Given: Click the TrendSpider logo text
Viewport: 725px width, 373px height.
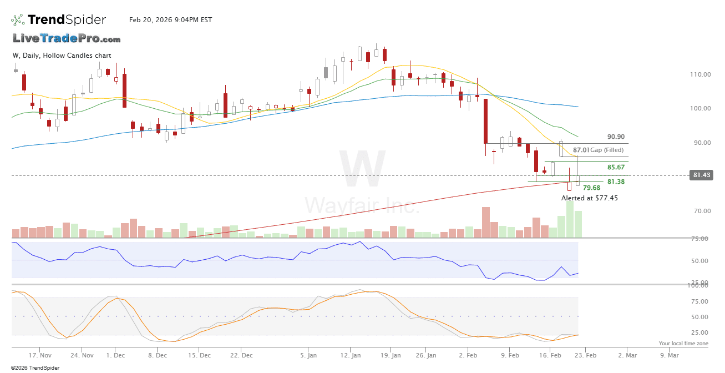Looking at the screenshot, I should [67, 20].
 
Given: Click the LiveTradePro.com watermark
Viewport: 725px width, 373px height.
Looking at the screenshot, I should [67, 39].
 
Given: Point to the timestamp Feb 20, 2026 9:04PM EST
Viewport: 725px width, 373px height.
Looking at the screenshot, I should [170, 20].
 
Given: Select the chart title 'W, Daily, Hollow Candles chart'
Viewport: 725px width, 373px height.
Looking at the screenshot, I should [62, 56].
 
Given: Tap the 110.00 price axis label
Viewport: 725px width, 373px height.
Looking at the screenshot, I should [700, 74].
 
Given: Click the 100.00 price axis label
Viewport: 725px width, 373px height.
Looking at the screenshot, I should [700, 108].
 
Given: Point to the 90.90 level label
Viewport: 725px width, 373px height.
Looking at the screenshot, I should [616, 137].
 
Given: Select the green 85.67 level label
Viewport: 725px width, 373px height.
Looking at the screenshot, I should [616, 167].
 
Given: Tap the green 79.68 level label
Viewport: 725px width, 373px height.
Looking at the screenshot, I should [591, 188].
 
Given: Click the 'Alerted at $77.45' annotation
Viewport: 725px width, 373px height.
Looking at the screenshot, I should [590, 198].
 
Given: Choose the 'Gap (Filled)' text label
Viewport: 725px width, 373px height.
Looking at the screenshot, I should [607, 150].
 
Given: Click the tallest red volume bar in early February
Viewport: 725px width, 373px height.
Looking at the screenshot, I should [486, 223].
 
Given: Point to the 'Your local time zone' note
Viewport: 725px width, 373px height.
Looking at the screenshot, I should [683, 344].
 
